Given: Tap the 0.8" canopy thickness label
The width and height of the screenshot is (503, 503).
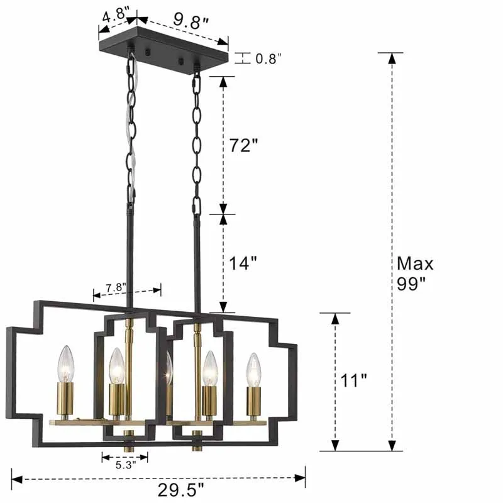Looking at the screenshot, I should pos(268,58).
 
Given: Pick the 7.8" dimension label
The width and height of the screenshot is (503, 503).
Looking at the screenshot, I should pos(116,287).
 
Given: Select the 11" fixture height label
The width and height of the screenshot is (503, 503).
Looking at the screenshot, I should pos(354,381).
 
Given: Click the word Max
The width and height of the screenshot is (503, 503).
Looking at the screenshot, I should pos(415,263).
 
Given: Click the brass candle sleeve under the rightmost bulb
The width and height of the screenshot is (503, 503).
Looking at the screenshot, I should pos(253,402).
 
